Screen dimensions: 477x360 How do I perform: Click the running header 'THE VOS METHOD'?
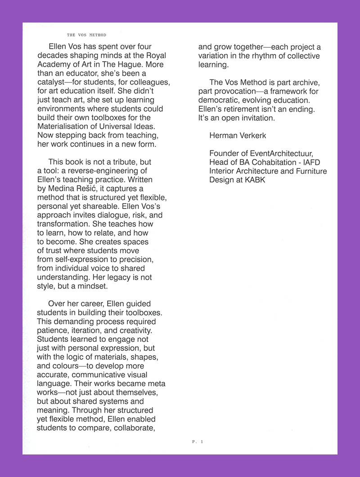tap(86, 35)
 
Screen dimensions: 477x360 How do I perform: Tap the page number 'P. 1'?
tap(198, 442)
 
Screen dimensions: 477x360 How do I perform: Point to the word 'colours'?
tap(66, 366)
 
